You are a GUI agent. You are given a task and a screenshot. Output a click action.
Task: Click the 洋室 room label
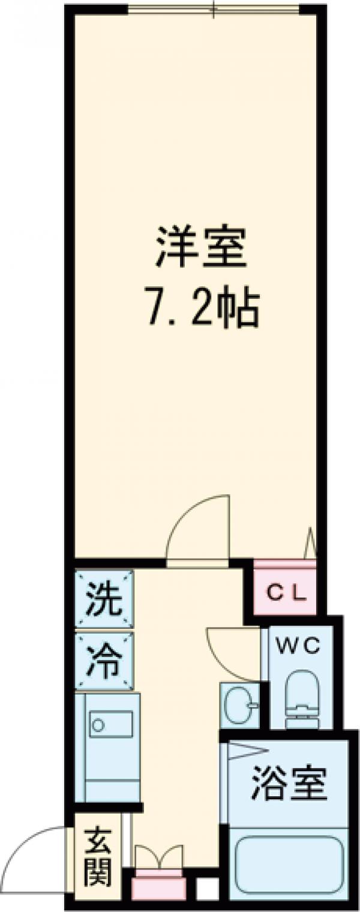point(202,251)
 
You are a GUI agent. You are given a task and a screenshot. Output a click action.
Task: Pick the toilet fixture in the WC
point(299,696)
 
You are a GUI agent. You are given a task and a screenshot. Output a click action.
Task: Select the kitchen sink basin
point(111,725)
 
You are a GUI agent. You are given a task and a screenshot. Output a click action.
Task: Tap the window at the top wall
point(213,9)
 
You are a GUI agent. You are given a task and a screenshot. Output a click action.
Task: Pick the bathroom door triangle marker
point(246,750)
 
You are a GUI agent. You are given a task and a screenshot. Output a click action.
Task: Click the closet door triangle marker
point(310,543)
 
